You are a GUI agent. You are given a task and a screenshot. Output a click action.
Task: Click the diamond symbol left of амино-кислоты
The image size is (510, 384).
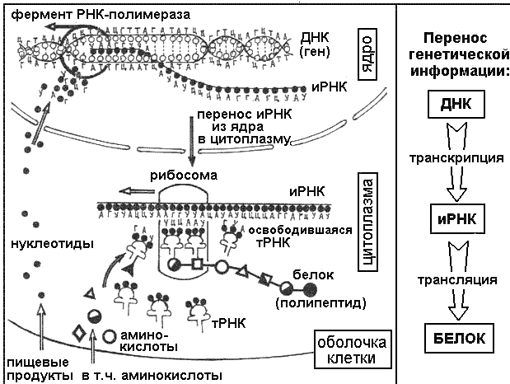pos(79,335)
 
